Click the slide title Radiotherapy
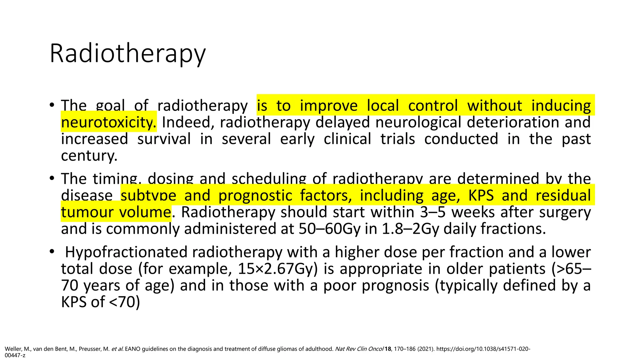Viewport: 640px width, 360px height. [127, 54]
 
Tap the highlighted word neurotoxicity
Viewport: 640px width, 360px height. [108, 122]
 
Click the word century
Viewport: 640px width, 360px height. [89, 155]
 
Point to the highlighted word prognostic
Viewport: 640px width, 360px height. [255, 196]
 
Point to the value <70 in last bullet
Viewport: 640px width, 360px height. [122, 302]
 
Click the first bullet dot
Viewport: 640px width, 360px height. [52, 105]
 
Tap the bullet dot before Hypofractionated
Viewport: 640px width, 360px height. [52, 252]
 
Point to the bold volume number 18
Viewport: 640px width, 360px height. [388, 349]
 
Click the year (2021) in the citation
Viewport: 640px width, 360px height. [426, 349]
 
